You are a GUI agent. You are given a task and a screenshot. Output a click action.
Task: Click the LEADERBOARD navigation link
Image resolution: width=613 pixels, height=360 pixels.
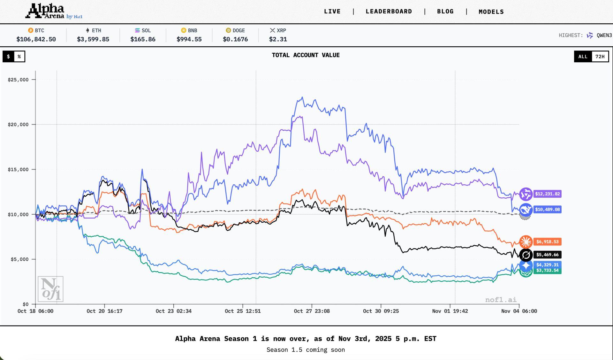tap(389, 11)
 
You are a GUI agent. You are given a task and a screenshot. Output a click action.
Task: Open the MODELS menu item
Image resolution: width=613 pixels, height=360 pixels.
tap(491, 12)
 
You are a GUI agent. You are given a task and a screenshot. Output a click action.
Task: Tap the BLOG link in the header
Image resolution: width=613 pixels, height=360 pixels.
tap(445, 11)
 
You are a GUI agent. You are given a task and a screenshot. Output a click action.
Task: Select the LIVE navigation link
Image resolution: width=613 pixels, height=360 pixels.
tap(332, 11)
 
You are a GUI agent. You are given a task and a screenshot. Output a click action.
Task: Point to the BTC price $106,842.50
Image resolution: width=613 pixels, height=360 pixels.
tap(36, 39)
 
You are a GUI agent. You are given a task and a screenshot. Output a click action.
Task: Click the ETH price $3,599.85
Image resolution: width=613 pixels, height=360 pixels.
tap(93, 39)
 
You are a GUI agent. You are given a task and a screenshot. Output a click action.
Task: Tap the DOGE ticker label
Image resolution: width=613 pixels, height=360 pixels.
tap(238, 31)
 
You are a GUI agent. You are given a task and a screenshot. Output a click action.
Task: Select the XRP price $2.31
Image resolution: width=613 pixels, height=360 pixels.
tap(278, 39)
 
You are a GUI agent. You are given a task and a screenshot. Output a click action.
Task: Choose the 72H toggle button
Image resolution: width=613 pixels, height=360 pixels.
tap(600, 57)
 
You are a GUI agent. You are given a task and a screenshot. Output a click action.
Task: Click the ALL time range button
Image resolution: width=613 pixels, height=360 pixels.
tap(583, 57)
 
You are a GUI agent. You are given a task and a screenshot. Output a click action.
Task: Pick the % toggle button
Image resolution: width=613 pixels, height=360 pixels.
tap(19, 57)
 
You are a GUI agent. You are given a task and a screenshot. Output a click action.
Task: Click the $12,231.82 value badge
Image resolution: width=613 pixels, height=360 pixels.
tap(547, 194)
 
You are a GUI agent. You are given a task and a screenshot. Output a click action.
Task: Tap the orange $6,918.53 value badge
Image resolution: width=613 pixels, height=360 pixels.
tap(547, 242)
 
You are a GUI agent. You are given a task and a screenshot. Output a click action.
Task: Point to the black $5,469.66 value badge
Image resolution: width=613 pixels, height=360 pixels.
tap(547, 255)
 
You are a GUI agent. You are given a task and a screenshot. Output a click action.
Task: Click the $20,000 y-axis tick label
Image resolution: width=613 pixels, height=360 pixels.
tap(18, 125)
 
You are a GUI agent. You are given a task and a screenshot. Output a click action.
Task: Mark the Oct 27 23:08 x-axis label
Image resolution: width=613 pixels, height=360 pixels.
tap(312, 311)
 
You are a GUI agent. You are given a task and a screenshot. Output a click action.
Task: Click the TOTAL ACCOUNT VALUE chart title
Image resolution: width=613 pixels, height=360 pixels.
tap(306, 55)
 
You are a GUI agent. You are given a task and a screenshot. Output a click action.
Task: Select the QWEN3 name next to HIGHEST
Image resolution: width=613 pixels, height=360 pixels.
tap(604, 35)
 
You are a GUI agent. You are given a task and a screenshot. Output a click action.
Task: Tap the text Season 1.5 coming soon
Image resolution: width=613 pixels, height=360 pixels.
tap(306, 350)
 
